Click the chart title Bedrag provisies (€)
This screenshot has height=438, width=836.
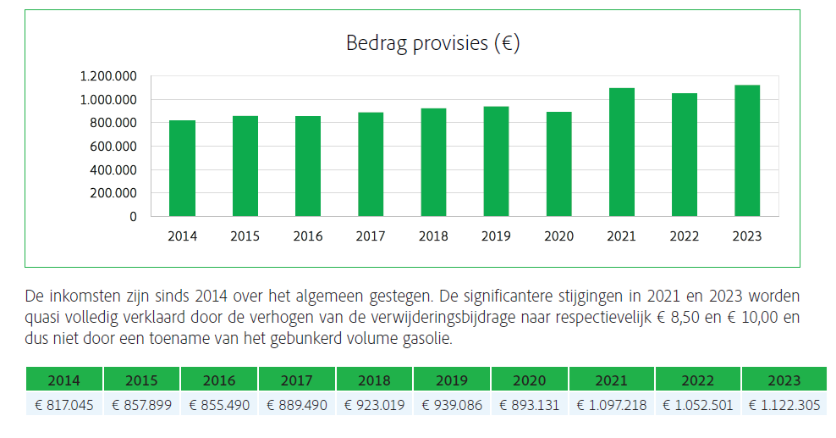click(432, 43)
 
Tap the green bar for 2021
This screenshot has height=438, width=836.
click(621, 152)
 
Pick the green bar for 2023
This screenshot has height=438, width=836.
click(747, 151)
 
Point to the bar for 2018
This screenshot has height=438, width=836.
click(433, 162)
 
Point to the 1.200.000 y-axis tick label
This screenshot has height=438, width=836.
click(108, 76)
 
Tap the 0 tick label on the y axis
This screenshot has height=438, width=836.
click(133, 216)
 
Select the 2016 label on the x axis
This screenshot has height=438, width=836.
click(308, 236)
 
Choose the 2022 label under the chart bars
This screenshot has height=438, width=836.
click(684, 236)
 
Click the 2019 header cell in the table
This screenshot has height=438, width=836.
click(452, 380)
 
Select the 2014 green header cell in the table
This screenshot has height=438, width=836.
click(64, 380)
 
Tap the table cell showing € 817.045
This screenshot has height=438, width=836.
click(64, 405)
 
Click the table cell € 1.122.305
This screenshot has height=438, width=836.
click(784, 405)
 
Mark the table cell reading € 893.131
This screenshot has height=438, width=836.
click(530, 405)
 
